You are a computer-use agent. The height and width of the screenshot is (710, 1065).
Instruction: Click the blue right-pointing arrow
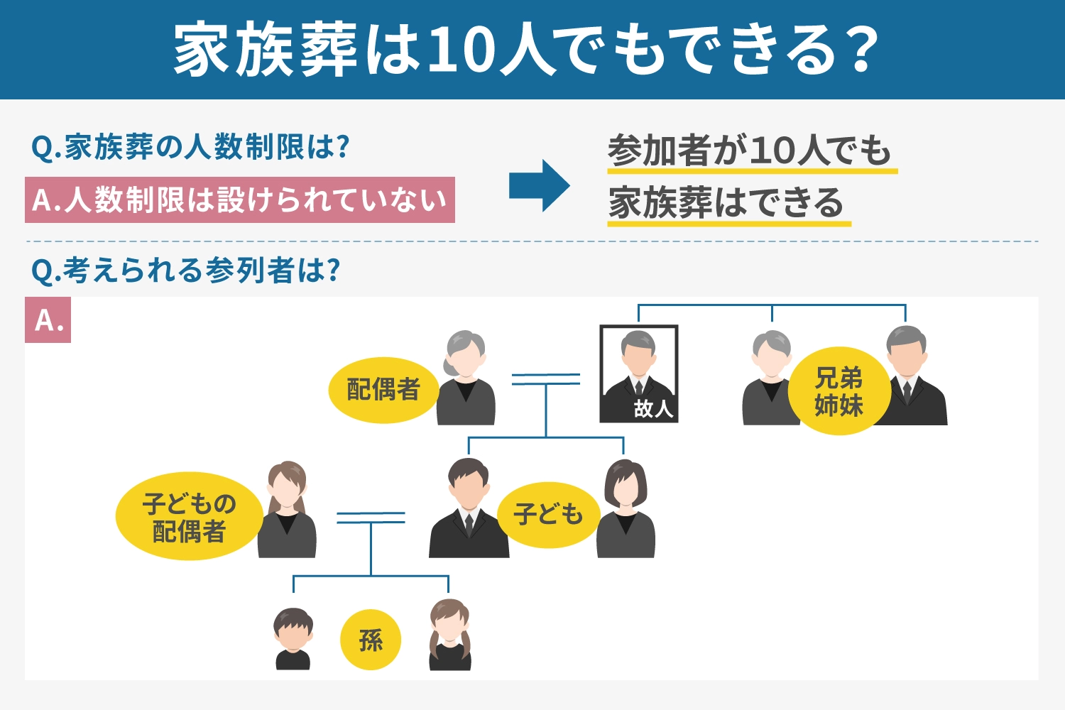click(x=539, y=185)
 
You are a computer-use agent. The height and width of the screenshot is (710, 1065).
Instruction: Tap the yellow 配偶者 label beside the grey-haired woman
click(x=383, y=390)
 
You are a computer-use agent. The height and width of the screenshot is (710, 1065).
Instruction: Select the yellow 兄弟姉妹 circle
click(x=839, y=390)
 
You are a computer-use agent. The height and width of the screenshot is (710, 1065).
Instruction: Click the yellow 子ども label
click(x=548, y=515)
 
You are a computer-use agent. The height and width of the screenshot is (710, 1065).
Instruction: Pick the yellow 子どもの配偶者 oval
click(x=189, y=517)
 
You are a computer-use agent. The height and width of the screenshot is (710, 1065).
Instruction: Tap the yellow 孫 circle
click(x=371, y=640)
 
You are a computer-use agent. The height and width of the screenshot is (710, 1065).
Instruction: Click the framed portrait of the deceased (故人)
click(x=638, y=373)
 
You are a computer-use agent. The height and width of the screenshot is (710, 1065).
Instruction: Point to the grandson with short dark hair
click(x=293, y=638)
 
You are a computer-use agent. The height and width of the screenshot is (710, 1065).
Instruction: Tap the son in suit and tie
click(x=469, y=509)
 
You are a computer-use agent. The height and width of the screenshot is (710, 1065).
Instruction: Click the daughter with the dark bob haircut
click(x=626, y=509)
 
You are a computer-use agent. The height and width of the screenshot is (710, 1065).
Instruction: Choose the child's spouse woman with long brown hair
click(x=287, y=510)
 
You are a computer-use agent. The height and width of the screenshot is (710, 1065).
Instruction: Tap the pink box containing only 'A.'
click(x=48, y=320)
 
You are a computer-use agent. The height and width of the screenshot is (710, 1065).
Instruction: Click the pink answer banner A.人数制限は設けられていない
click(x=240, y=200)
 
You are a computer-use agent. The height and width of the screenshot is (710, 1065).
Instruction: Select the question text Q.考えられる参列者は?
click(x=186, y=271)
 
